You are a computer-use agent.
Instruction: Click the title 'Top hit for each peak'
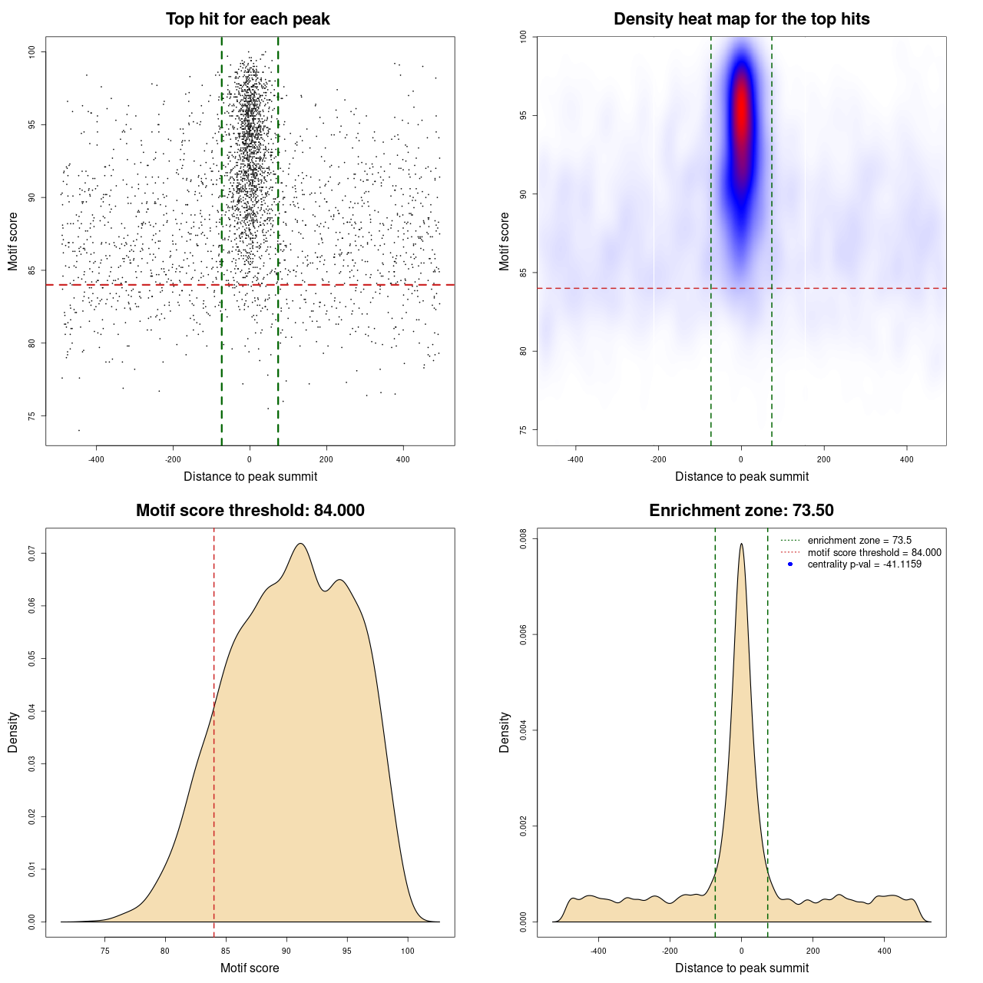coord(248,19)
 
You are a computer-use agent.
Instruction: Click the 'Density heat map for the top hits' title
coord(741,19)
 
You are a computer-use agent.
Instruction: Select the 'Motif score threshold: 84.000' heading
coord(250,511)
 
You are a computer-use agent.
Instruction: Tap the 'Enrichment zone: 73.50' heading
coord(741,511)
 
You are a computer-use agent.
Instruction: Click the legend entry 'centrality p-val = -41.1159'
coord(864,564)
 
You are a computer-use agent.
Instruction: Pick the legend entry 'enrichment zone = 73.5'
coord(859,541)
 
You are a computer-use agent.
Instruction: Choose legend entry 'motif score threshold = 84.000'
coord(874,553)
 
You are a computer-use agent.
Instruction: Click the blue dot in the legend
coord(790,564)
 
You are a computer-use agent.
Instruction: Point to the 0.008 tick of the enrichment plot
coord(524,539)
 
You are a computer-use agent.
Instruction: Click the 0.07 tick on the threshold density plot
coord(32,553)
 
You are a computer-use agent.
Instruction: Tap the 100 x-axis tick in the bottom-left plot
coord(408,951)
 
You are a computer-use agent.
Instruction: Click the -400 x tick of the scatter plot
coord(96,459)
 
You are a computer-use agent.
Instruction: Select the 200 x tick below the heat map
coord(824,459)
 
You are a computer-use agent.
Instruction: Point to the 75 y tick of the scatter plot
coord(32,416)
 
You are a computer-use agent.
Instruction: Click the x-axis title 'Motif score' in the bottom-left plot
coord(250,968)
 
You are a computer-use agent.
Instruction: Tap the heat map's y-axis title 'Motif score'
coord(505,241)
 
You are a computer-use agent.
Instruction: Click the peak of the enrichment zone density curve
coord(741,544)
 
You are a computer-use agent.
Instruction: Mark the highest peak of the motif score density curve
coord(301,544)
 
